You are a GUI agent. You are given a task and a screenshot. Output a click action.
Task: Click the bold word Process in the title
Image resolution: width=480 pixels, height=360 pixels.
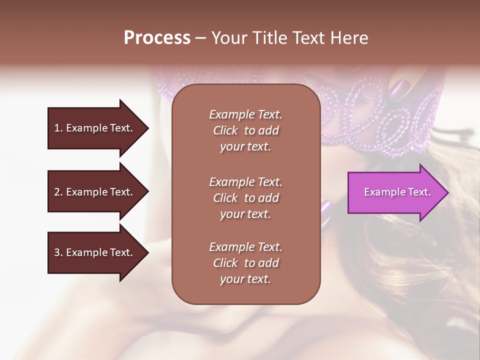[157, 37]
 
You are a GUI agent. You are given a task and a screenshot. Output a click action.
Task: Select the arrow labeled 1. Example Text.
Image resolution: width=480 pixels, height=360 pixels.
[95, 128]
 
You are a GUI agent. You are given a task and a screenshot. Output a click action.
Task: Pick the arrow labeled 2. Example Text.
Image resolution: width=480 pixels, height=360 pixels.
[95, 192]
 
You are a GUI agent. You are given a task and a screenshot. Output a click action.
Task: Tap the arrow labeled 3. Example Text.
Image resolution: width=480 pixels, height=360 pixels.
[95, 252]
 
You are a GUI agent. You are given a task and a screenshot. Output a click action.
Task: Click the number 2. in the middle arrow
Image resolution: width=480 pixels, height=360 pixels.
[58, 192]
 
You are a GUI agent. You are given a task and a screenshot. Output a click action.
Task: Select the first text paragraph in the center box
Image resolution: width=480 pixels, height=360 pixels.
[245, 130]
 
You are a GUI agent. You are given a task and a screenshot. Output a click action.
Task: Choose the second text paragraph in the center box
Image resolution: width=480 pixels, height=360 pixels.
[245, 198]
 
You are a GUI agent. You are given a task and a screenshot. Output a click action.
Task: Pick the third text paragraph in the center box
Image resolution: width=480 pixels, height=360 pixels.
[245, 263]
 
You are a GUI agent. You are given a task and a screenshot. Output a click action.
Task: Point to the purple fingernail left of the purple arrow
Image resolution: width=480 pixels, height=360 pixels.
[326, 206]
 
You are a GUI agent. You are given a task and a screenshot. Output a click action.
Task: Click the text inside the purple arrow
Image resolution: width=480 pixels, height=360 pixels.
[397, 192]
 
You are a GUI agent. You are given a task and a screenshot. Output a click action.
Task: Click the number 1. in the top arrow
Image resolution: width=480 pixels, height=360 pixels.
[58, 128]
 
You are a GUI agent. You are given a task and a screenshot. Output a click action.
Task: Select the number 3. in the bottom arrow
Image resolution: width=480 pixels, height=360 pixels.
[58, 252]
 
